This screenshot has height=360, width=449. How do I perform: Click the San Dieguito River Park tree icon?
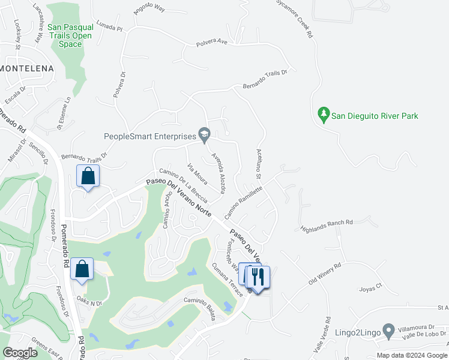coord(324,113)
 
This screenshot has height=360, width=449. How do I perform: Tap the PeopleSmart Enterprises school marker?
coord(205,136)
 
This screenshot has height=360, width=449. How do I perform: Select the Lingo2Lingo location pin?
coord(388,330)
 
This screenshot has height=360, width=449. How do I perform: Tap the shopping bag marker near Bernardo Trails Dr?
coord(88,176)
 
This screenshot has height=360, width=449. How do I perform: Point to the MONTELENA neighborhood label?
coord(27,69)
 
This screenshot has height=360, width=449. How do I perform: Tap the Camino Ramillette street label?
coord(244,202)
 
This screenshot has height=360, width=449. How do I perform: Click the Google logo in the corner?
coord(20,353)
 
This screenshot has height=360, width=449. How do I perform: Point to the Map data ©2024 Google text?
coord(412,355)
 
